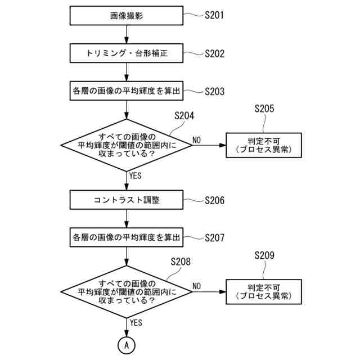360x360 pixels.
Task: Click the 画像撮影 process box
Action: click(x=127, y=16)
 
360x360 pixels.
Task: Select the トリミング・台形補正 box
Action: click(x=127, y=54)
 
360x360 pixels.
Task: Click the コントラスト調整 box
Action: click(x=127, y=200)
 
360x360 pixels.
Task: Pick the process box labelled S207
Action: click(x=127, y=237)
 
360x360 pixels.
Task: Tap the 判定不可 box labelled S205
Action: click(x=264, y=145)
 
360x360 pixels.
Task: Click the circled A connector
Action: click(x=127, y=344)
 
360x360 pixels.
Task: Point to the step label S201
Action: click(x=214, y=15)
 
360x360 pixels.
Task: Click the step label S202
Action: click(x=214, y=54)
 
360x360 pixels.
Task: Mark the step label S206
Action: click(x=214, y=200)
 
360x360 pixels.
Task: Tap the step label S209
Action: click(x=264, y=256)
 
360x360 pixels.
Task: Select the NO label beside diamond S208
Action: click(x=196, y=286)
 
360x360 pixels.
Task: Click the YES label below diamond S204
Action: click(x=136, y=175)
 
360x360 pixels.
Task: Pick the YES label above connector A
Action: click(x=136, y=323)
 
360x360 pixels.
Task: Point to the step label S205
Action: click(x=264, y=109)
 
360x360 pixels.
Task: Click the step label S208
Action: click(x=180, y=262)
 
